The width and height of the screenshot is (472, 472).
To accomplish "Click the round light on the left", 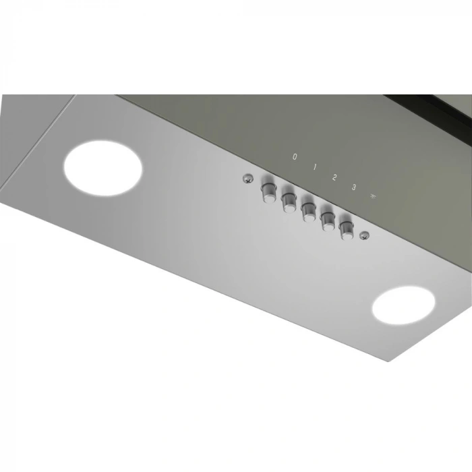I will [x=102, y=167].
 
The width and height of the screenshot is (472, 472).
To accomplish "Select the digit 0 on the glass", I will [x=295, y=156].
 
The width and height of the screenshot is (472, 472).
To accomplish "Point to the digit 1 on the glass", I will [x=314, y=167].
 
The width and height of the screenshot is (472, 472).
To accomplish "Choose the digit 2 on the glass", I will [x=334, y=177].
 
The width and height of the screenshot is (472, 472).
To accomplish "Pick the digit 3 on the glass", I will [x=353, y=187].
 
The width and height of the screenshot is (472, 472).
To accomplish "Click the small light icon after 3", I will [x=372, y=197].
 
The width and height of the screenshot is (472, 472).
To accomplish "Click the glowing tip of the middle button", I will [x=307, y=216].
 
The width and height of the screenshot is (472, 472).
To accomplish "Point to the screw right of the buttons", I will [x=365, y=235].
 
